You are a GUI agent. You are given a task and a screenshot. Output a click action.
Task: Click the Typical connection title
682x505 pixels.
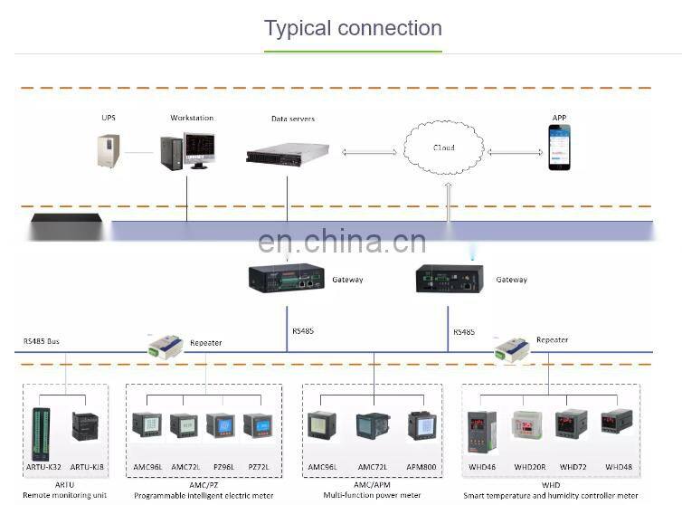coord(353,28)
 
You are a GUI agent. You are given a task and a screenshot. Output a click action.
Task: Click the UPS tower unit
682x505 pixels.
coord(109,149)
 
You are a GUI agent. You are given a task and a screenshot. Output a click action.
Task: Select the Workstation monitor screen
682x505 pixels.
coord(198,149)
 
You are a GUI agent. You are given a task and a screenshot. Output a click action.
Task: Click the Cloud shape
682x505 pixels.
coord(443,147)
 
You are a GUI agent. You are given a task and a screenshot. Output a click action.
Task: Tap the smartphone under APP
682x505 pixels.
coord(560,148)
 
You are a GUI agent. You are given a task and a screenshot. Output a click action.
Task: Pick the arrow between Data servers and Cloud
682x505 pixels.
coord(369,151)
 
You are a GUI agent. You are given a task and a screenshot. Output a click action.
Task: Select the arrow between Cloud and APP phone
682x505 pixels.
coord(515,151)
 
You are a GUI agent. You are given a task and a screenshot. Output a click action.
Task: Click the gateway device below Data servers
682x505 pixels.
coord(287,277)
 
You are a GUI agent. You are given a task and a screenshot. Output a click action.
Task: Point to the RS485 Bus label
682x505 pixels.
coord(42,341)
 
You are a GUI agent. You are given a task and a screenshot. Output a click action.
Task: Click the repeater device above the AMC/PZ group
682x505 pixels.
coord(165,345)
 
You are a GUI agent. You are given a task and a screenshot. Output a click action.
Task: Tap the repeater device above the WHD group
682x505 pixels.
coord(511,347)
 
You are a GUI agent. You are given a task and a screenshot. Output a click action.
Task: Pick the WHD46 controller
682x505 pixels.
coord(481,430)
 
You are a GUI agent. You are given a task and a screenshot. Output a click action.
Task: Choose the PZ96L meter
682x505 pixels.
coord(220,425)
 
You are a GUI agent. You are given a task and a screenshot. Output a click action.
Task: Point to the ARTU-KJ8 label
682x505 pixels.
coord(88,467)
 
